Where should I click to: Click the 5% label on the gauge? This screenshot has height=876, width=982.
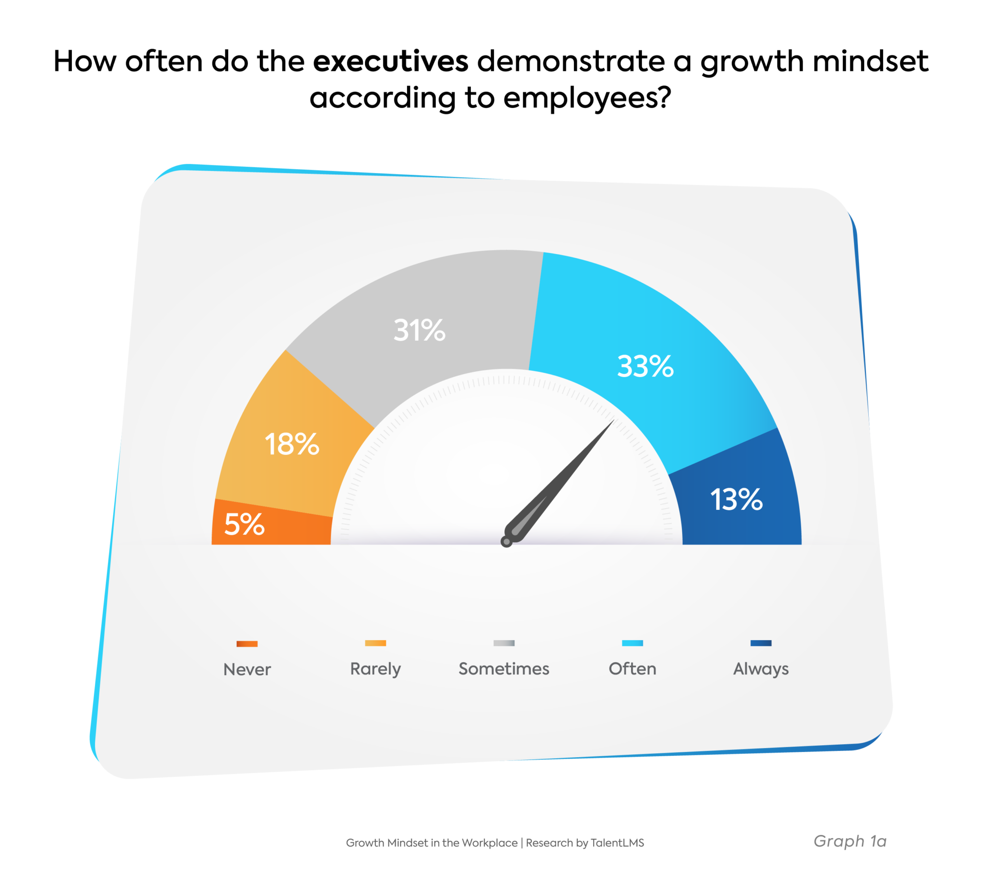click(244, 525)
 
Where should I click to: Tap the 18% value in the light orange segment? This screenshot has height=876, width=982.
click(292, 444)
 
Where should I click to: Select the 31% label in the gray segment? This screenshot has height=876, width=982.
click(419, 331)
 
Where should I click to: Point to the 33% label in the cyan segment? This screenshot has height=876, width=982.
click(645, 367)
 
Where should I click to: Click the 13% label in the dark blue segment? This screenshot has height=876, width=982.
click(736, 500)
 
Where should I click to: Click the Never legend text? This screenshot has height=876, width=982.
click(247, 669)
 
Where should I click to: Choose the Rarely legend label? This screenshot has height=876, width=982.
click(375, 669)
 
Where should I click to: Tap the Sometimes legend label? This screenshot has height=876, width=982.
click(504, 669)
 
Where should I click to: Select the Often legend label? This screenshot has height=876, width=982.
click(632, 669)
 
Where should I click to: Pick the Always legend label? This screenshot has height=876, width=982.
click(760, 669)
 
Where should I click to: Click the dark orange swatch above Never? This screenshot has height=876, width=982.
click(247, 644)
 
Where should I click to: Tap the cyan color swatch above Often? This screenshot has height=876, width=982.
click(632, 644)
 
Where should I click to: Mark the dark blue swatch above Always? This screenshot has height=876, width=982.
click(761, 644)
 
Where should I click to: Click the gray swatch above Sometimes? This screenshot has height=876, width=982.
click(504, 644)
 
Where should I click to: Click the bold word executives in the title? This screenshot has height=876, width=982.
click(390, 62)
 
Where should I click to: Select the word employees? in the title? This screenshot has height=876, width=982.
click(586, 98)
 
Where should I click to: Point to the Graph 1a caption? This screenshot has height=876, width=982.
click(850, 841)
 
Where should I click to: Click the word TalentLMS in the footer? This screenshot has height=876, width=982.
click(617, 843)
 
